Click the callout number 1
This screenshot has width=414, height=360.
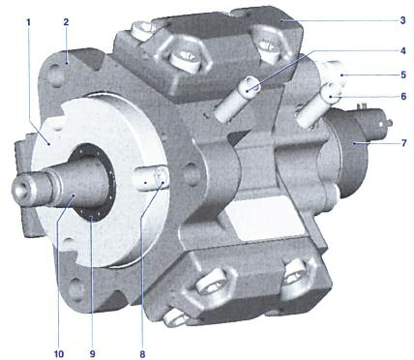28,22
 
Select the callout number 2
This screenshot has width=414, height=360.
66,22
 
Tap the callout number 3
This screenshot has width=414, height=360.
402,20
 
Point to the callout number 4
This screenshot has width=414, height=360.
403,50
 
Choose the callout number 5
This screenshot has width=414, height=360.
403,75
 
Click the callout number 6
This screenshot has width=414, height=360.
403,96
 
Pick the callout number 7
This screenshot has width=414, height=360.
404,142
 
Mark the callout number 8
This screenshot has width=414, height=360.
142,354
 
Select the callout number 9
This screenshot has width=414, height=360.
93,354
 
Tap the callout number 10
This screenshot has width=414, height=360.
59,354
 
